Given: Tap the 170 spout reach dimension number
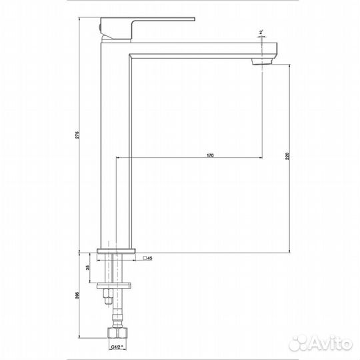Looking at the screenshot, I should point(209,155).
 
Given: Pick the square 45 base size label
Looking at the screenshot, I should point(148,257).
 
